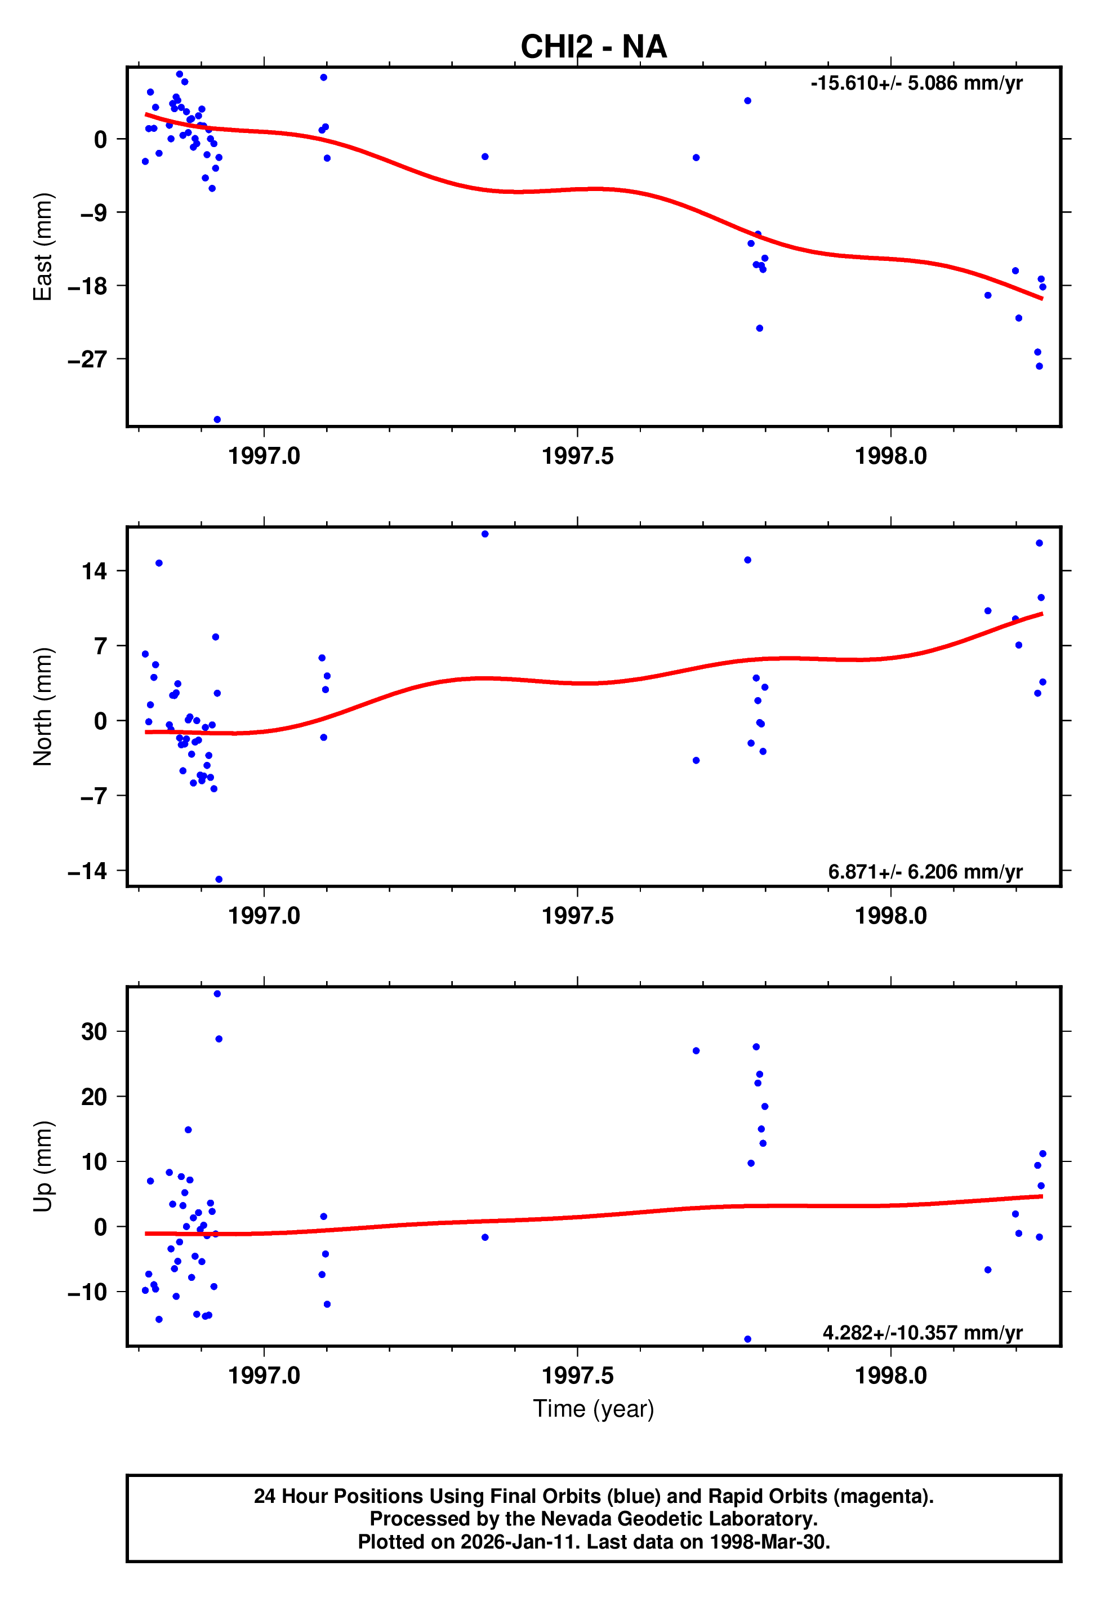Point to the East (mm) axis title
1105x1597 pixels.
coord(43,247)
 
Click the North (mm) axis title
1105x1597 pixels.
coord(43,707)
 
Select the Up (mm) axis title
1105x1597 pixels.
coord(43,1166)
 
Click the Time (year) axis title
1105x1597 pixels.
coord(594,1409)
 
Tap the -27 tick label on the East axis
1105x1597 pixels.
coord(87,360)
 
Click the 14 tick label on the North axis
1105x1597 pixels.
coord(94,571)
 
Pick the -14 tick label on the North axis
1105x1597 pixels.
coord(87,871)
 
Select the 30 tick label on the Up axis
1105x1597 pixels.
coord(94,1032)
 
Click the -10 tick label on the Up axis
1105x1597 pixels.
coord(87,1292)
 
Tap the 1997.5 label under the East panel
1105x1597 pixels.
coord(577,456)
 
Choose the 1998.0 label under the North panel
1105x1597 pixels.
coord(890,916)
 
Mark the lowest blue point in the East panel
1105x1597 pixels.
coord(217,420)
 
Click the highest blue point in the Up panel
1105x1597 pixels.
coord(217,994)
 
